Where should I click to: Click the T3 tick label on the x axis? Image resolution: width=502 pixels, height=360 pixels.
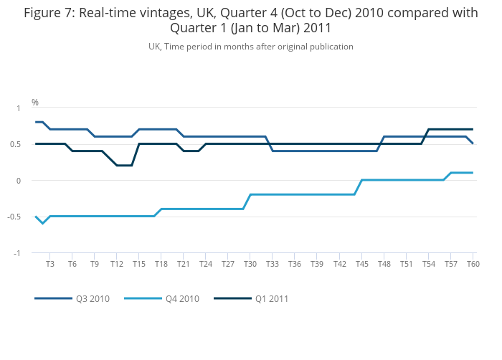(50, 265)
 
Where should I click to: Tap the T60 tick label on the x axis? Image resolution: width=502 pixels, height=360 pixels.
(473, 265)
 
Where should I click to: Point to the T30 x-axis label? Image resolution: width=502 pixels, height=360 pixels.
(250, 265)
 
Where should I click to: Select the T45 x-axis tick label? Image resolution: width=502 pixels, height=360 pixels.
(361, 265)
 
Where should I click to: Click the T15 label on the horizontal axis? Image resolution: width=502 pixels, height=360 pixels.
(139, 265)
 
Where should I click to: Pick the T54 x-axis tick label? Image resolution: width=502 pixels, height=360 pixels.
(428, 265)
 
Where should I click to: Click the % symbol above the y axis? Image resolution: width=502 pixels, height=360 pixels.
(35, 103)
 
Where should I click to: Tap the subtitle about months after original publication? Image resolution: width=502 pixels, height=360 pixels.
(251, 47)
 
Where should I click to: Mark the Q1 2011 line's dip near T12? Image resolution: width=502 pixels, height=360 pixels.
(124, 166)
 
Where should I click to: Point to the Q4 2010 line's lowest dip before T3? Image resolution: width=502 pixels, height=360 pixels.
(43, 223)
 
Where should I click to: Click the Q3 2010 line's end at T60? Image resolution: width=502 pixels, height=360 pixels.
(473, 143)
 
